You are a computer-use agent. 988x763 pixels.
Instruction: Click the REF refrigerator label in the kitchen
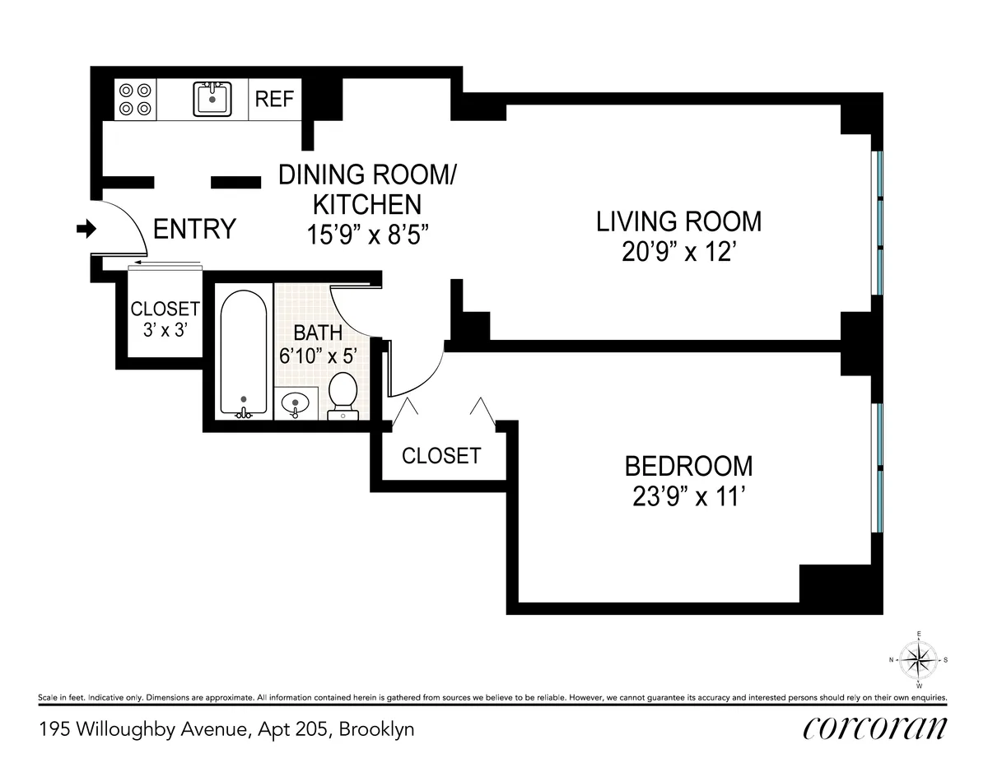pos(274,100)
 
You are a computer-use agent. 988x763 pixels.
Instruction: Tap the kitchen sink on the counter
pos(212,100)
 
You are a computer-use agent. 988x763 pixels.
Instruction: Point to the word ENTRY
pos(195,230)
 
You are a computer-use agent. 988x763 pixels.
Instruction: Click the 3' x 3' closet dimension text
pos(165,329)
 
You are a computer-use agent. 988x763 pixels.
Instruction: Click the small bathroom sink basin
pos(295,404)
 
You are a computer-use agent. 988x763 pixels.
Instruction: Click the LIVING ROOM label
pos(679,221)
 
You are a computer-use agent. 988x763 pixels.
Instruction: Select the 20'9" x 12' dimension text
pos(679,251)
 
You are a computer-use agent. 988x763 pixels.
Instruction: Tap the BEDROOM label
pos(688,466)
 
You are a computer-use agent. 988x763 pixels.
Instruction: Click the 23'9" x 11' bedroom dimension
pos(688,496)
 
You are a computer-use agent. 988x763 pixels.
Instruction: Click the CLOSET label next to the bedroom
pos(441,456)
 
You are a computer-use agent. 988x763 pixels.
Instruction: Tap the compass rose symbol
pos(918,659)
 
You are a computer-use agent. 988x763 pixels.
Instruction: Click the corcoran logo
pos(874,728)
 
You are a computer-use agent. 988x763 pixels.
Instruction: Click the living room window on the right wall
pos(878,223)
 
